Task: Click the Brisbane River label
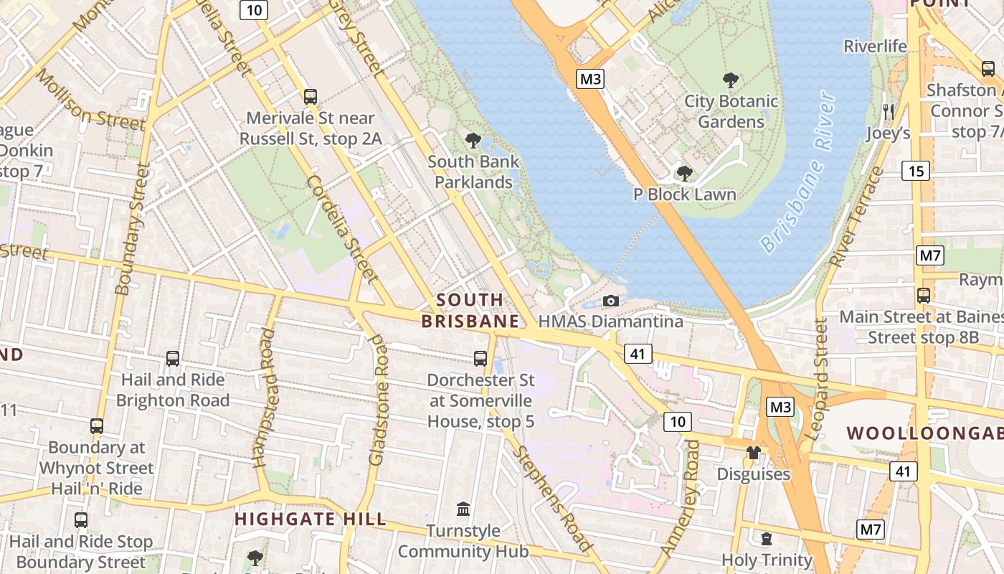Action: coord(797,172)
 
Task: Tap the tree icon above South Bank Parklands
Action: coord(473,140)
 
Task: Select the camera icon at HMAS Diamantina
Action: coord(611,301)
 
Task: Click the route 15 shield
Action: coord(915,171)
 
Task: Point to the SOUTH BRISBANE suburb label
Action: coord(470,310)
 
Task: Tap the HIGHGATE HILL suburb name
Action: coord(310,519)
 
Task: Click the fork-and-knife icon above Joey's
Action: coord(889,111)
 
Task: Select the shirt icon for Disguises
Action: coord(753,453)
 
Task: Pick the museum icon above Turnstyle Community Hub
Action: coord(463,509)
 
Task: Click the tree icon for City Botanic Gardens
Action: coord(731,80)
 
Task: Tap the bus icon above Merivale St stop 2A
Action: coord(311,96)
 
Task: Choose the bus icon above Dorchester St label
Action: coord(480,358)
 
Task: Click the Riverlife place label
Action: coord(875,47)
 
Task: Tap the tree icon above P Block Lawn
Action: coord(684,173)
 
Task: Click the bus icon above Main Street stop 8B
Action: coord(924,295)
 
